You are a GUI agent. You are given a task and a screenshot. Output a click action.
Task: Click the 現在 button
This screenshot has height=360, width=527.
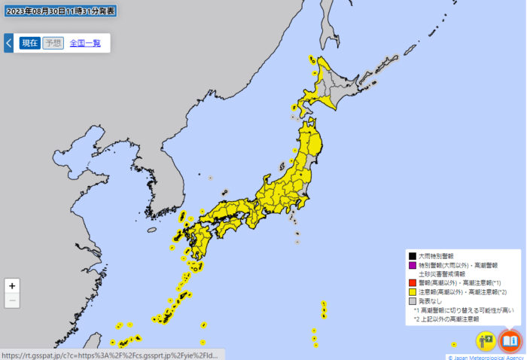[30, 43]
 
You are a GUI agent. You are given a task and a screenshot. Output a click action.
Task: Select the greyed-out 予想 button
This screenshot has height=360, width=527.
[53, 43]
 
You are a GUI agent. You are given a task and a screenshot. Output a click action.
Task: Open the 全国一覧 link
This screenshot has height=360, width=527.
[86, 43]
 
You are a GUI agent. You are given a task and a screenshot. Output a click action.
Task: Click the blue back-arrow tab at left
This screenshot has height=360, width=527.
[8, 43]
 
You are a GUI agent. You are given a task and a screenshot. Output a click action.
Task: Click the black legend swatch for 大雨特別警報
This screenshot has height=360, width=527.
[412, 256]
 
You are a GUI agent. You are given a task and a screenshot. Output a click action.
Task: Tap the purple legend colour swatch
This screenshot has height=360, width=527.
[412, 265]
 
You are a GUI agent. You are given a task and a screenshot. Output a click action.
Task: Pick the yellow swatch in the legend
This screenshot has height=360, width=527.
[412, 291]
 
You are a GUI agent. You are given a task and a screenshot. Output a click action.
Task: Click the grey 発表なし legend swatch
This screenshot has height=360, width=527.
[412, 301]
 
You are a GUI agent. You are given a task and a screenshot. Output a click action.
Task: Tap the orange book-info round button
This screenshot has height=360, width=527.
[510, 340]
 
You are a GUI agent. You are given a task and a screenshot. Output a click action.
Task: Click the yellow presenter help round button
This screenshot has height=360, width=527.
[486, 340]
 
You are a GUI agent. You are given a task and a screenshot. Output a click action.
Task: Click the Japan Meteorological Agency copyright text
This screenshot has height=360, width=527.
[486, 357]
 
